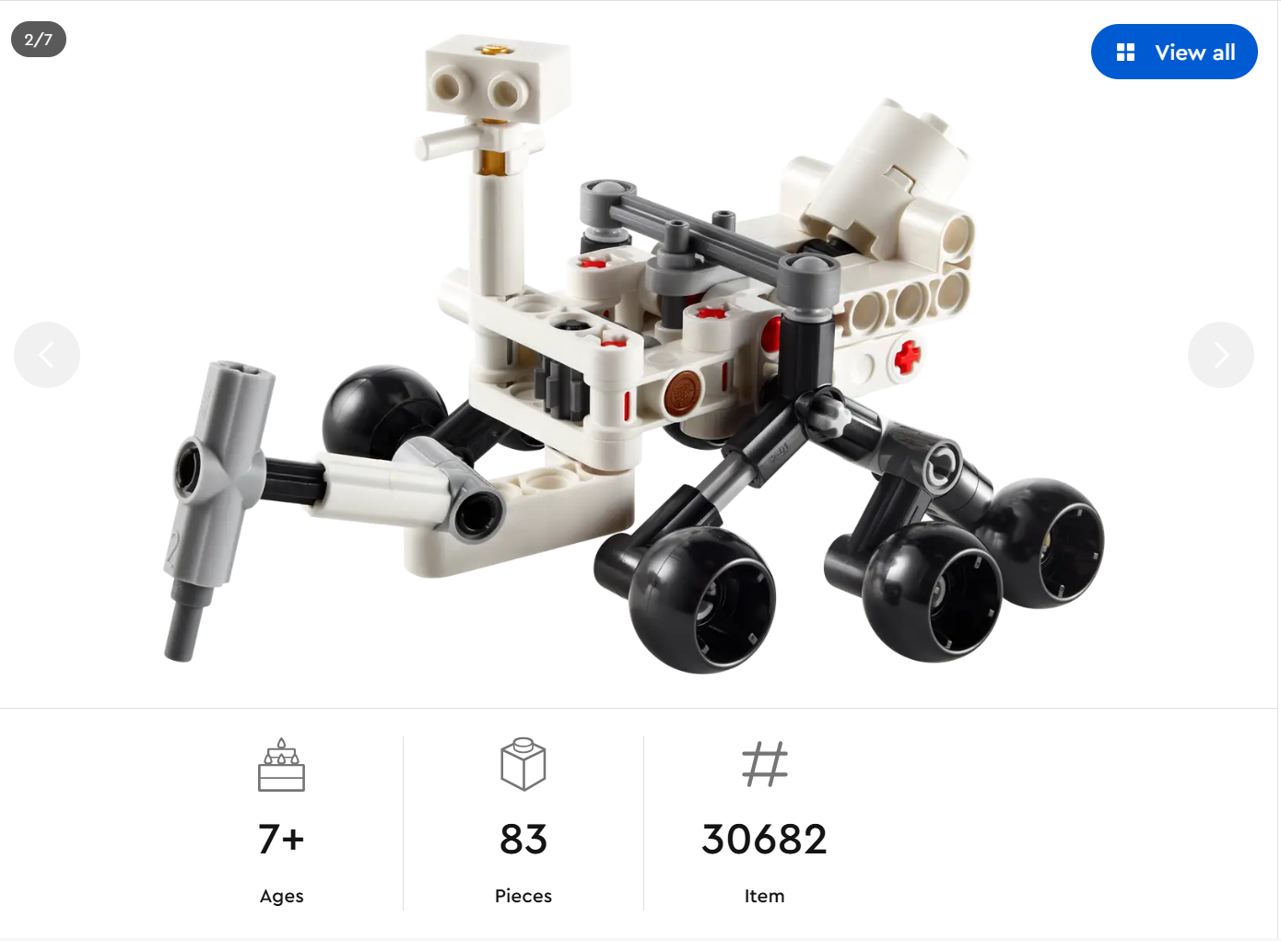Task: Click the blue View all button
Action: [x=1173, y=52]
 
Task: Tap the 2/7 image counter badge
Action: [x=39, y=40]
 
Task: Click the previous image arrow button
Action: [x=47, y=355]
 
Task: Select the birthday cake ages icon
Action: [x=281, y=765]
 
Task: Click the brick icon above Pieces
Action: [x=523, y=765]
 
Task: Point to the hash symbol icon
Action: [x=765, y=764]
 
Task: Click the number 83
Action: [x=523, y=840]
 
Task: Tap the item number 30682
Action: [x=765, y=840]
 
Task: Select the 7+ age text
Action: [x=281, y=840]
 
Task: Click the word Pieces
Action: [x=523, y=896]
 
